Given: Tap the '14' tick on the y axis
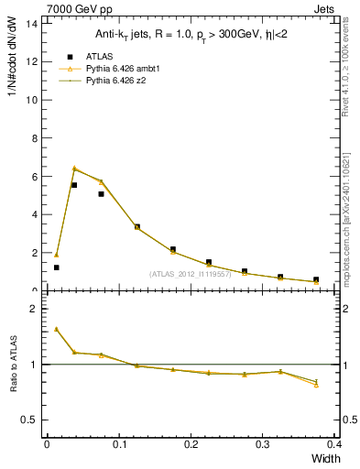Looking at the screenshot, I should [33, 23].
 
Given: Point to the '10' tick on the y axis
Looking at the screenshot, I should [33, 100].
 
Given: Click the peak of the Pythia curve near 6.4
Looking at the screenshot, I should [74, 168].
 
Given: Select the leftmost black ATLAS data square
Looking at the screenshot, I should [57, 267].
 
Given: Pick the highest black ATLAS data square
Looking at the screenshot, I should [74, 185].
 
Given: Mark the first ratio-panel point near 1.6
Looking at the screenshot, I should [57, 329].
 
